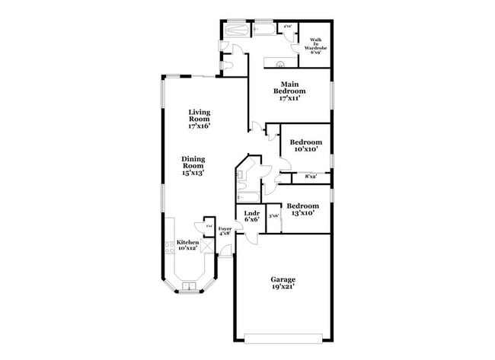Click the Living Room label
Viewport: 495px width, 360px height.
[x=200, y=119]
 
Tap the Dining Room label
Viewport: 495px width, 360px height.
[x=193, y=167]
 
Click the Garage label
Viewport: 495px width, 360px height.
[x=283, y=284]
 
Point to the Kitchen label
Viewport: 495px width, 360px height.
[x=187, y=245]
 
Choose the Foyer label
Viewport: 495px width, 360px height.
[x=225, y=231]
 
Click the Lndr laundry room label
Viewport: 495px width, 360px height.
[x=252, y=216]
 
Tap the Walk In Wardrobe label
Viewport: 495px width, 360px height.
[x=318, y=46]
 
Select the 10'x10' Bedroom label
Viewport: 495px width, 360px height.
[x=305, y=145]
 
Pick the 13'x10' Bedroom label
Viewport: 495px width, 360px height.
[x=303, y=209]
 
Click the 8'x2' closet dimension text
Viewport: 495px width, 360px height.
[x=311, y=177]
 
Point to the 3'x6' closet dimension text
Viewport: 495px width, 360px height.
[x=274, y=215]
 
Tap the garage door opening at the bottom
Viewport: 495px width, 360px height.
[x=283, y=336]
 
